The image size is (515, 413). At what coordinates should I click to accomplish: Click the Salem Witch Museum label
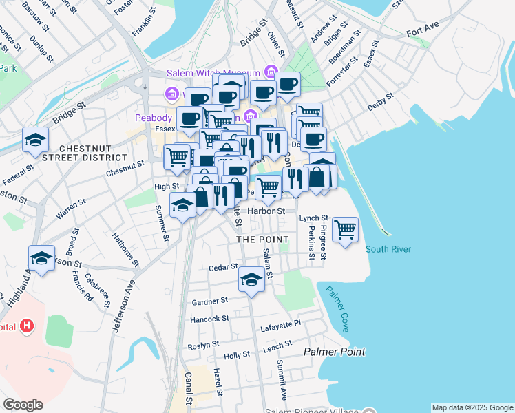212,74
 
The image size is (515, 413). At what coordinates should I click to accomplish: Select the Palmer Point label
335,352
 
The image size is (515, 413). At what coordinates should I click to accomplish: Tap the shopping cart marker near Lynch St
345,229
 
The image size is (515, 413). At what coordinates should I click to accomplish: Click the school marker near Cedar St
251,279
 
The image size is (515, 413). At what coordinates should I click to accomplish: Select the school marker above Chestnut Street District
35,140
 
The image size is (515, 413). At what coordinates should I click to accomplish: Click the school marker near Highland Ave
42,259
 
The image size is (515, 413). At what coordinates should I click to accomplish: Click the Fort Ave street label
421,32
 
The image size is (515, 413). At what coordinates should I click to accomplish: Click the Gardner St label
210,301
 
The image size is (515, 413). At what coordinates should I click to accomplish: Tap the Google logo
23,405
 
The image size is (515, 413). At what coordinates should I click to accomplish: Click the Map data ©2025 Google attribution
472,407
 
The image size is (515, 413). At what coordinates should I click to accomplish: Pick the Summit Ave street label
282,379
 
